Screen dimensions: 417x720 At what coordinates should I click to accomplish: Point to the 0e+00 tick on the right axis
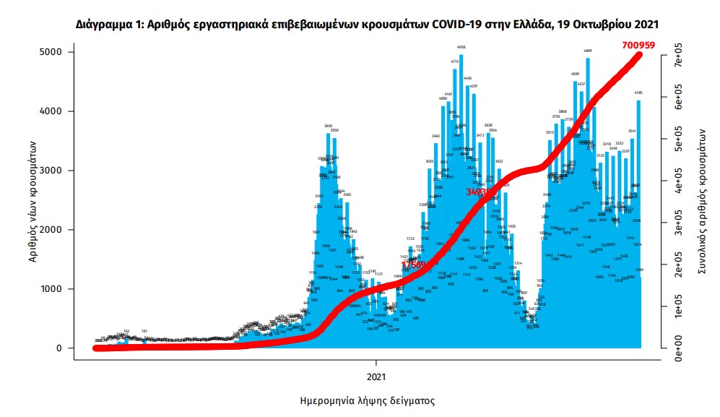point(679,349)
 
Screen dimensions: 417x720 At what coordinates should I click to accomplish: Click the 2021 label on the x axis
point(376,377)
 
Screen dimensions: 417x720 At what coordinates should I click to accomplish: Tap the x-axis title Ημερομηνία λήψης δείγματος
point(367,400)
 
